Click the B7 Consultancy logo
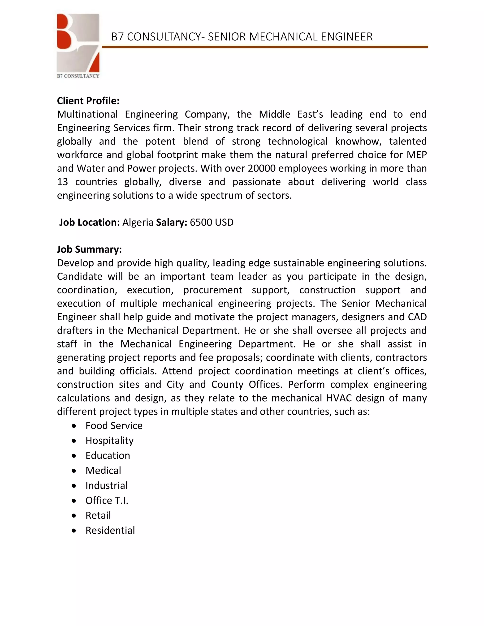tap(78, 45)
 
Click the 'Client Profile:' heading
tap(88, 101)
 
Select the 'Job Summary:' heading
tap(89, 249)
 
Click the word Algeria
tap(138, 223)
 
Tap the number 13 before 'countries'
tap(62, 182)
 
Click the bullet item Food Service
tap(114, 426)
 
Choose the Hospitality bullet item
tap(109, 441)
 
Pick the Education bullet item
tap(108, 455)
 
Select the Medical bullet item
tap(103, 470)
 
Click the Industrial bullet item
tap(106, 485)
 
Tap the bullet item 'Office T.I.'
tap(107, 501)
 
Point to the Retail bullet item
tap(98, 515)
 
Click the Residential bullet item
tap(110, 531)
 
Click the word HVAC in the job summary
tap(339, 398)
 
